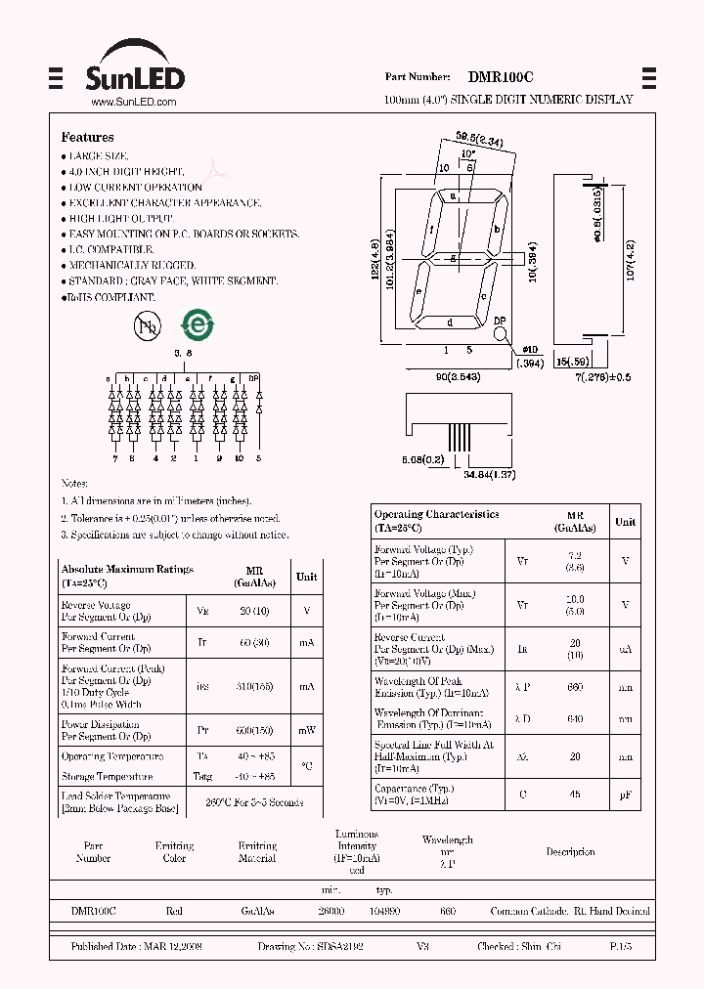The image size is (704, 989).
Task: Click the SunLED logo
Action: click(132, 67)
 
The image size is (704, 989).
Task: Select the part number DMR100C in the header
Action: click(501, 77)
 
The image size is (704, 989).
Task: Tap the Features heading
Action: click(87, 138)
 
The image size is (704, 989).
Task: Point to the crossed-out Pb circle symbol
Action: click(146, 327)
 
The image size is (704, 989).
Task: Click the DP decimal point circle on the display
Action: click(500, 334)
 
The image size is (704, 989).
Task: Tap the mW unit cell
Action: click(307, 730)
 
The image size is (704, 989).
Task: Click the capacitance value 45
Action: click(575, 795)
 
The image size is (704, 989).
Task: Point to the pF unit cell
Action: click(625, 795)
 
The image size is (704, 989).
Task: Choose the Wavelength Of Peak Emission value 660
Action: click(575, 687)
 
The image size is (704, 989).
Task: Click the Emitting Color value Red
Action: click(174, 911)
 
